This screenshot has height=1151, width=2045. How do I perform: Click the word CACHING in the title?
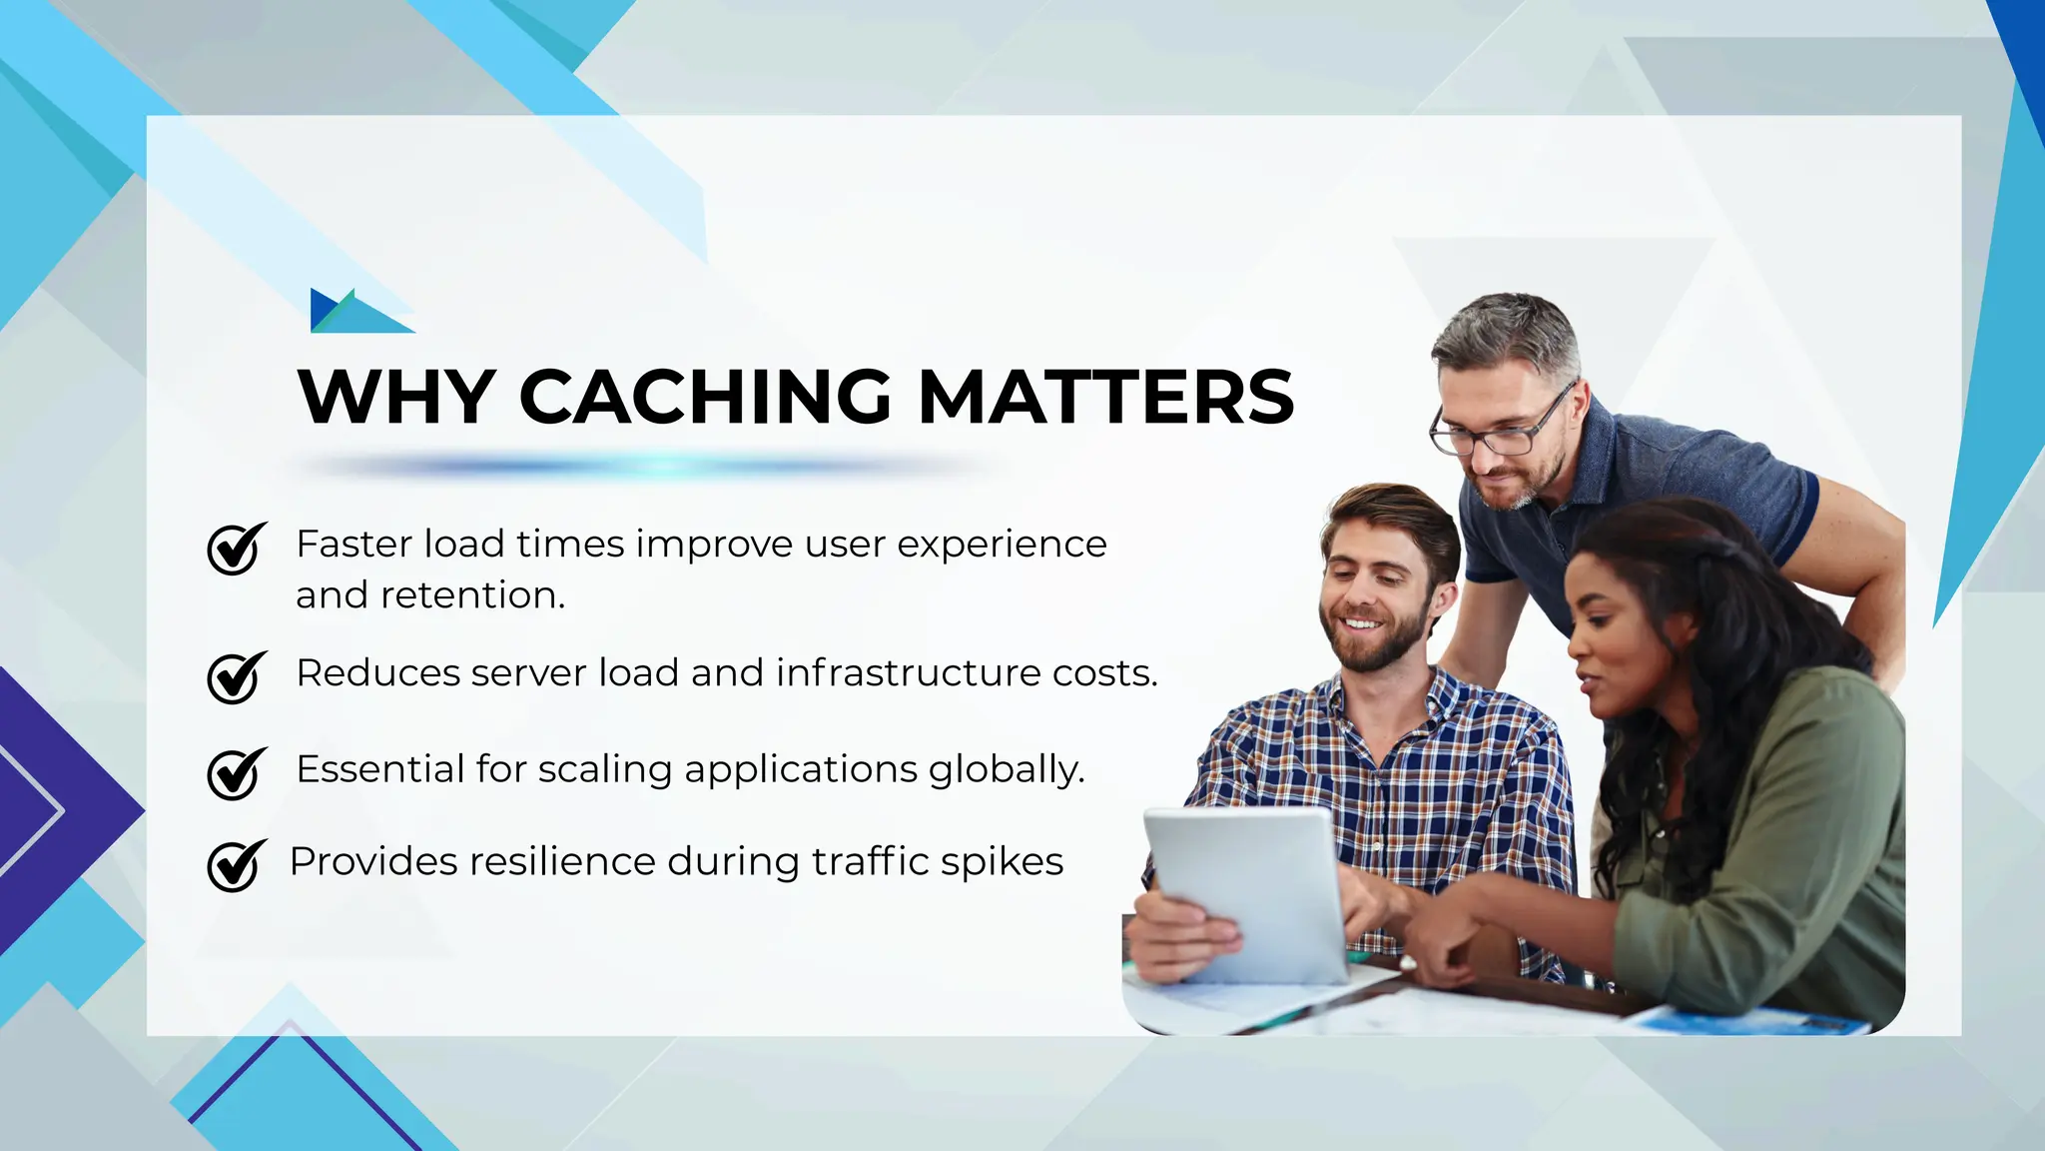tap(704, 397)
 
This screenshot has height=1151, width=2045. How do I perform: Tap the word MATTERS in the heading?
tap(1105, 397)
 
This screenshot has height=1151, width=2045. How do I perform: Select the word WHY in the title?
tap(396, 397)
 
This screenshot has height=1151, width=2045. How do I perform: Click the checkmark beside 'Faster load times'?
tap(236, 549)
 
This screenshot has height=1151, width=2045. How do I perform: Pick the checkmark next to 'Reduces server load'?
tap(236, 677)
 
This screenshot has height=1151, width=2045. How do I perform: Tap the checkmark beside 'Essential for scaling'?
tap(236, 773)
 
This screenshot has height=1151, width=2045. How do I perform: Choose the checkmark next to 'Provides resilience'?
tap(236, 865)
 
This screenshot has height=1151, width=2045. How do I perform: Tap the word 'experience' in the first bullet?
tap(1002, 546)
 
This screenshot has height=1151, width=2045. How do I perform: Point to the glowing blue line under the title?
tap(639, 466)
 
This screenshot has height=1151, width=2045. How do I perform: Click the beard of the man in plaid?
tap(1383, 644)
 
